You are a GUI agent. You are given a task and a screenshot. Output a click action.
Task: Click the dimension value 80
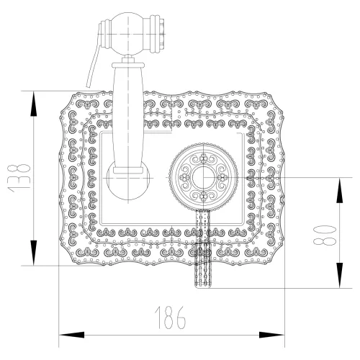point(328,233)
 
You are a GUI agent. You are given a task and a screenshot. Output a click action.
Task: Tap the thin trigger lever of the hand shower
point(91,68)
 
